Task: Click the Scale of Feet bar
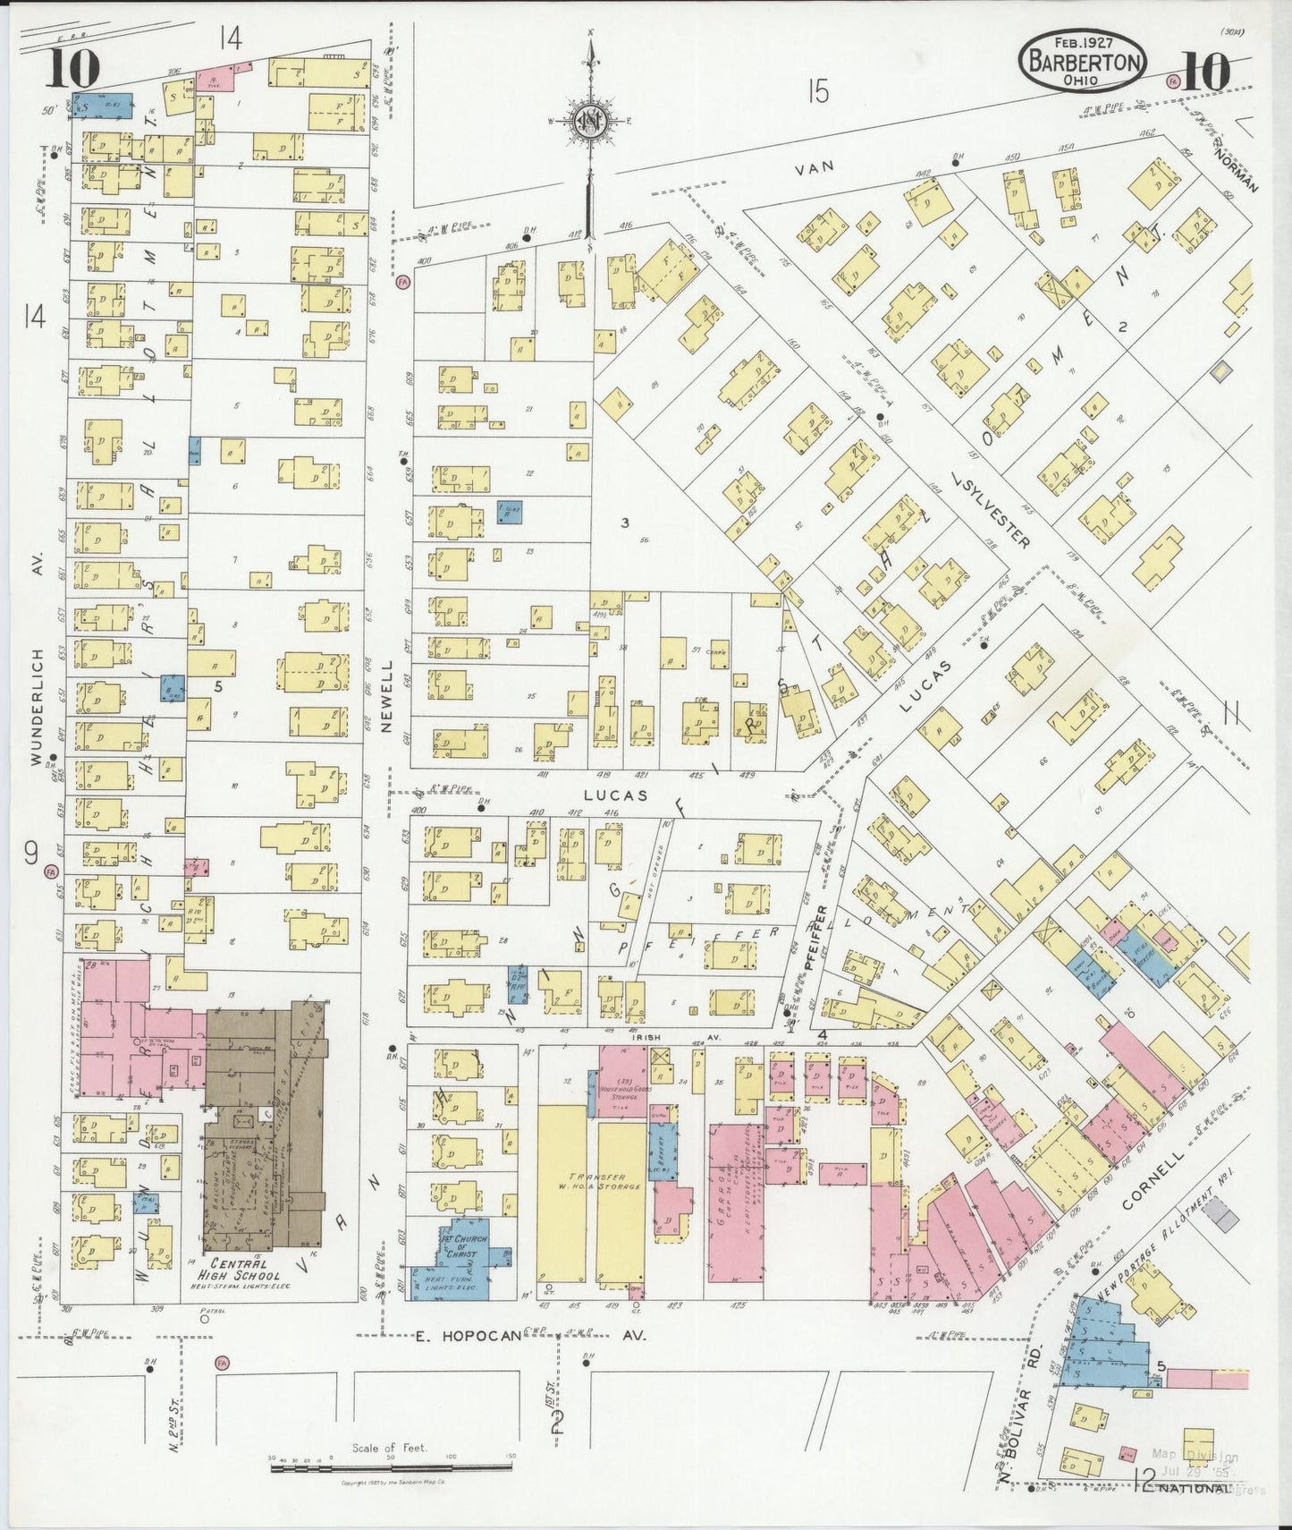pyautogui.click(x=390, y=1465)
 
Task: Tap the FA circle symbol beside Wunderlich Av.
pyautogui.click(x=51, y=871)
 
